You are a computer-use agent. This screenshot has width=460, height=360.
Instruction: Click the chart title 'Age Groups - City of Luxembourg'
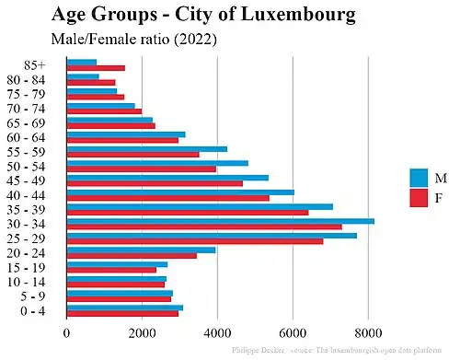[x=203, y=16]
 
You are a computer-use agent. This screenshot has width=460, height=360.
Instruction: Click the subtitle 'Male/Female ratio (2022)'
[x=133, y=40]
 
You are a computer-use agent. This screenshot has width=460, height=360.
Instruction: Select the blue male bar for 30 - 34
[x=220, y=220]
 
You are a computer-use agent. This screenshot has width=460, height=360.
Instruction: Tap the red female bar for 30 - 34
[x=203, y=226]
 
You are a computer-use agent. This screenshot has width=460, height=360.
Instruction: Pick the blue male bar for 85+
[x=82, y=63]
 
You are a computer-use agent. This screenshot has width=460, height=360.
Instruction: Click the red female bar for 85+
[x=96, y=68]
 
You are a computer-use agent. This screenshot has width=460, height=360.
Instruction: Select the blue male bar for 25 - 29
[x=212, y=236]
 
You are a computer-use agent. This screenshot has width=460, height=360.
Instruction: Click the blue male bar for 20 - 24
[x=141, y=250]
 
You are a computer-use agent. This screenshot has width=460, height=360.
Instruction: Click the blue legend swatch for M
[x=419, y=177]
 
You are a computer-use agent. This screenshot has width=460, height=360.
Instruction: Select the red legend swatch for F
[x=419, y=197]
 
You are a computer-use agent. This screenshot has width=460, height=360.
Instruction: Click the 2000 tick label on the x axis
[x=142, y=334]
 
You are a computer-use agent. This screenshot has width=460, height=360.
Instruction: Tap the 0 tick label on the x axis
[x=66, y=334]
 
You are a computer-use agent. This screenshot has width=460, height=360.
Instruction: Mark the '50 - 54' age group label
[x=40, y=166]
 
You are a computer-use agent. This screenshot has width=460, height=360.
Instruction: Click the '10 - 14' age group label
[x=40, y=282]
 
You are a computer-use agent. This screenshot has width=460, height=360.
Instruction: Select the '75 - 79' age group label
[x=40, y=93]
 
